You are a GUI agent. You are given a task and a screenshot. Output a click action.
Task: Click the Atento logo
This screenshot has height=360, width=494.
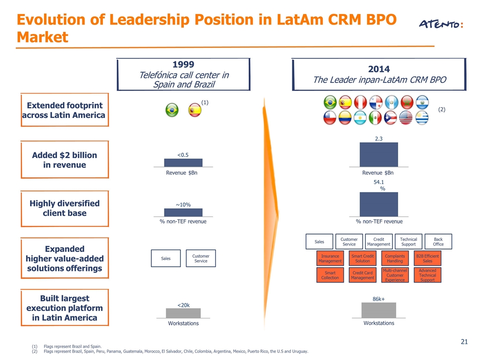(x=441, y=24)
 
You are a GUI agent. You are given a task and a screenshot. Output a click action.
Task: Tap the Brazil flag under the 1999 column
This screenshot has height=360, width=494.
(x=172, y=110)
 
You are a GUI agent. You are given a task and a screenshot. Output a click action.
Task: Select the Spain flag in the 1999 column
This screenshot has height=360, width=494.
(x=195, y=110)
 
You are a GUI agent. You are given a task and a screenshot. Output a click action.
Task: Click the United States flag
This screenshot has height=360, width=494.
(x=406, y=118)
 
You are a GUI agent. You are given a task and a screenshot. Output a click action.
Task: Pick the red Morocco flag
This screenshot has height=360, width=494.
(x=407, y=102)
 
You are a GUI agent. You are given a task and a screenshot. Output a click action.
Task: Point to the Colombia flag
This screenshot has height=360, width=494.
(x=345, y=118)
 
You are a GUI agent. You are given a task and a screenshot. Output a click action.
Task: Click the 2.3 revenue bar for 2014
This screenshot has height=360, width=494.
(x=379, y=154)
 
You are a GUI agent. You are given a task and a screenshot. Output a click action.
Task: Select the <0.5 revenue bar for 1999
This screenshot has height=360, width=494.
(x=183, y=162)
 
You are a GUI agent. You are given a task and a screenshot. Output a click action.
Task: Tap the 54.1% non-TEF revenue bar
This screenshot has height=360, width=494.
(x=379, y=204)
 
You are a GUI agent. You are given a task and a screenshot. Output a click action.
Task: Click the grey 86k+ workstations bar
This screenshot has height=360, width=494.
(x=379, y=310)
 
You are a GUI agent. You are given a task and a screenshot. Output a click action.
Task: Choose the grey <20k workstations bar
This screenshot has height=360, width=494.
(x=183, y=313)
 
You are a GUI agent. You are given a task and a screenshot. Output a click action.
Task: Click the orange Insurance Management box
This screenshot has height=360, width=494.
(x=330, y=258)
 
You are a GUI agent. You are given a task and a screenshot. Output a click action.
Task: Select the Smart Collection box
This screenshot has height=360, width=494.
(x=330, y=275)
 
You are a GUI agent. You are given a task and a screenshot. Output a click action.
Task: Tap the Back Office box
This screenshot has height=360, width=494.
(x=438, y=241)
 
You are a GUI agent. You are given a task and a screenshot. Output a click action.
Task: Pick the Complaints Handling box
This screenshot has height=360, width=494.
(x=395, y=258)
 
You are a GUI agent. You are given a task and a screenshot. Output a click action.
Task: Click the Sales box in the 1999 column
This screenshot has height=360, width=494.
(x=166, y=258)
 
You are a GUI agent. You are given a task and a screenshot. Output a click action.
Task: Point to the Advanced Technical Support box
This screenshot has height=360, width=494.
(x=427, y=275)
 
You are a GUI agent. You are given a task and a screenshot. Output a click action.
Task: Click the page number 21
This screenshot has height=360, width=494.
(x=464, y=341)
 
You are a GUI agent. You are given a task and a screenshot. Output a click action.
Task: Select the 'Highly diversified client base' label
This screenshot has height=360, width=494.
(x=64, y=208)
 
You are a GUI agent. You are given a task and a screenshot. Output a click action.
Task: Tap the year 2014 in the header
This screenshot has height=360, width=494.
(x=379, y=69)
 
